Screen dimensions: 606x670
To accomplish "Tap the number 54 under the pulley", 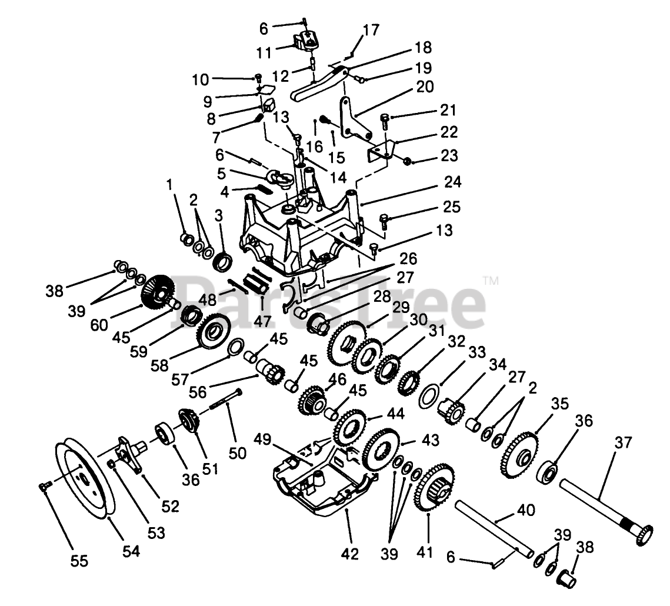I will click(x=131, y=551).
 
